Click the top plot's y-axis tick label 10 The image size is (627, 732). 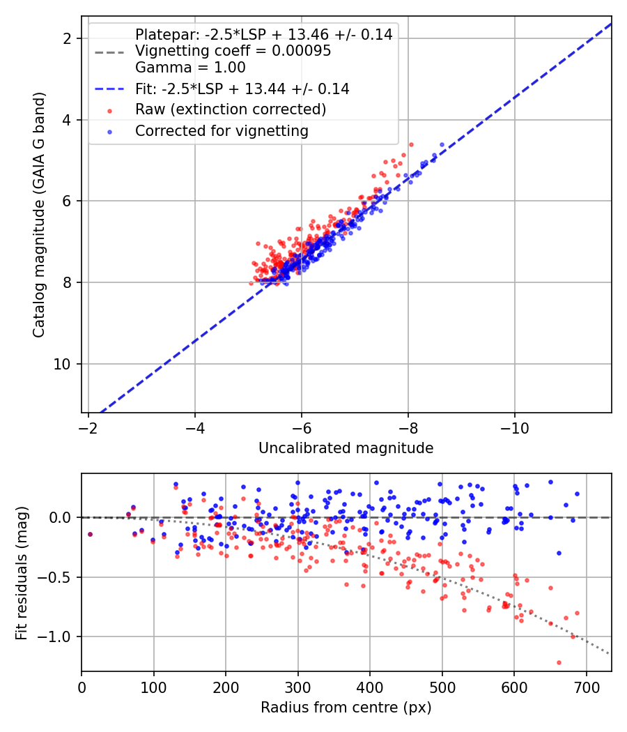pos(62,364)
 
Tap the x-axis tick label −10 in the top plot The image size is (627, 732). pos(515,427)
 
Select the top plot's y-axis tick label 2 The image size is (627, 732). pos(67,38)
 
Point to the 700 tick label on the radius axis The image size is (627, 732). pos(587,687)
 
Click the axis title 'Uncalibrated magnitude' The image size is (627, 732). pos(346,448)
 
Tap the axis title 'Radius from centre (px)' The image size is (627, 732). pos(346,708)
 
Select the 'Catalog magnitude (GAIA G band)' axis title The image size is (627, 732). pos(39,215)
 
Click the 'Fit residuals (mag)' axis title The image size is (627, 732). pos(22,573)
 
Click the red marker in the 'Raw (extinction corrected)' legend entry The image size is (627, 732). pos(109,111)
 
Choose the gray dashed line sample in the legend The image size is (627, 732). pos(109,52)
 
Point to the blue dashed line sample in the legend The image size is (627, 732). pos(109,89)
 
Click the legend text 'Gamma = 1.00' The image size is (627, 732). pos(190,68)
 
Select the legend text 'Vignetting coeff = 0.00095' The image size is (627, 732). pos(233,51)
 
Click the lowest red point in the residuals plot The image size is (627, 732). pos(559,662)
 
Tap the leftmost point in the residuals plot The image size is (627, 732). pos(90,535)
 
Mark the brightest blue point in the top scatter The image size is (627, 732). pos(442,145)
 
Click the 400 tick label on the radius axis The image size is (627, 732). pos(370,687)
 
